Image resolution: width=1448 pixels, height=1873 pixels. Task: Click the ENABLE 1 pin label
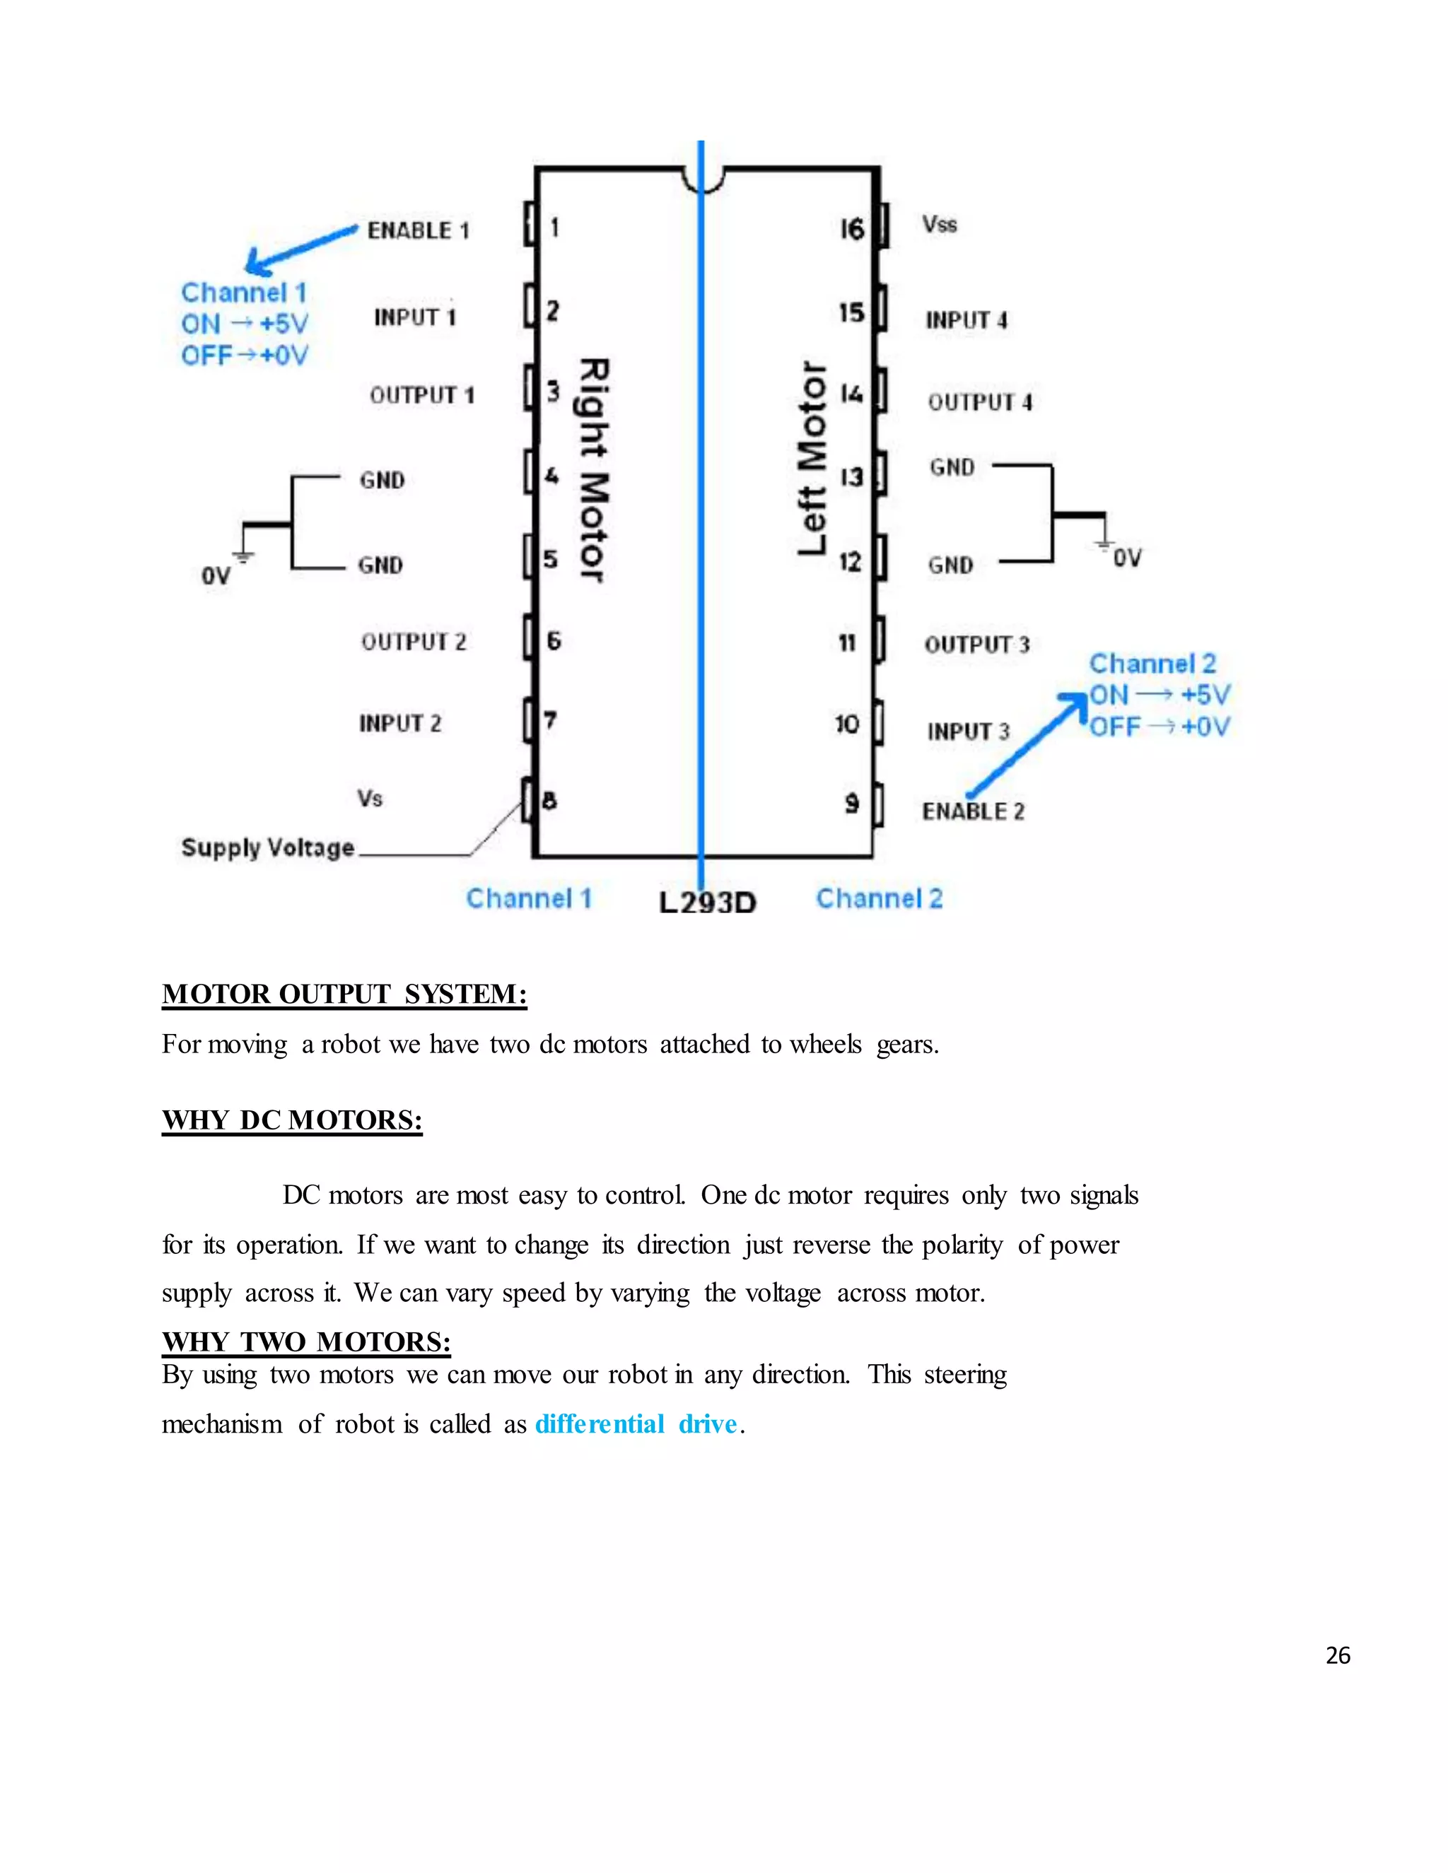point(418,230)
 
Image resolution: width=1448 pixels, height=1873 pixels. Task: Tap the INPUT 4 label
point(966,321)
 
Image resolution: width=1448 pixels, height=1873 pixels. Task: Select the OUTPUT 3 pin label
point(976,645)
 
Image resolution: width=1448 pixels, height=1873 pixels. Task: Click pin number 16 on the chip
point(852,229)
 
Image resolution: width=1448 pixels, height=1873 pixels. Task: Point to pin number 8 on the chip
point(550,801)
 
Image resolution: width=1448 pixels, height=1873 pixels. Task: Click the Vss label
point(940,225)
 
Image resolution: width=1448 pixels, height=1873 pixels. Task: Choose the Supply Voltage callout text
point(268,848)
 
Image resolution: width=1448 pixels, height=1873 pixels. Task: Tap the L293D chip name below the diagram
point(708,902)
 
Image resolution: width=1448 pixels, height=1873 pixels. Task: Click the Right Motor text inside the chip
point(592,469)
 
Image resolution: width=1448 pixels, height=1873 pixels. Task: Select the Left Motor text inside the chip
point(812,458)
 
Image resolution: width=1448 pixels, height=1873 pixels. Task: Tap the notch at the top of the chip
point(703,178)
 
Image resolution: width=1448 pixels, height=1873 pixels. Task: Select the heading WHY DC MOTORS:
point(292,1120)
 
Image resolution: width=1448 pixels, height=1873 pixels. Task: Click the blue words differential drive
point(636,1424)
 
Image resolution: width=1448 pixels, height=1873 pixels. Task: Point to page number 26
point(1337,1656)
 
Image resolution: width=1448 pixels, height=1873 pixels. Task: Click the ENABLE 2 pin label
point(973,811)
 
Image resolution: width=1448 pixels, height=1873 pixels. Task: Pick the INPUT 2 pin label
point(399,724)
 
